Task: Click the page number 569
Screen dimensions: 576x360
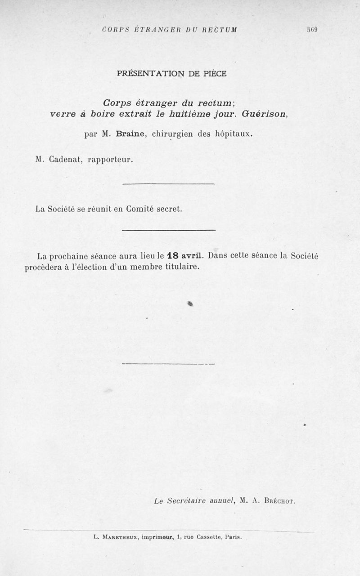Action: (312, 30)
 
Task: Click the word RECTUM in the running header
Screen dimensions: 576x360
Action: (219, 30)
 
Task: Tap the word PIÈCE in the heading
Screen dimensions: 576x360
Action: (214, 73)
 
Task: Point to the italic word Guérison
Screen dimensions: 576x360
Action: (264, 114)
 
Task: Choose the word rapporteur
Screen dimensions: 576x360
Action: (111, 160)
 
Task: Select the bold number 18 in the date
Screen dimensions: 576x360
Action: (173, 256)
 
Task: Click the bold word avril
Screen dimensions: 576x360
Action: (192, 256)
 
